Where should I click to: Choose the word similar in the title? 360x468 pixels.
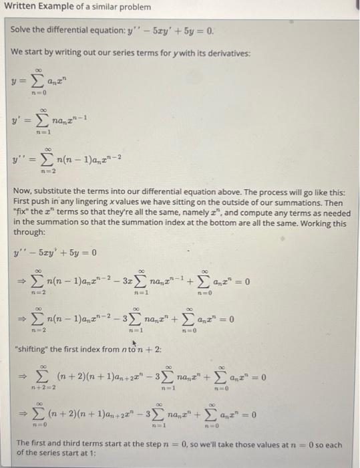coord(102,7)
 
